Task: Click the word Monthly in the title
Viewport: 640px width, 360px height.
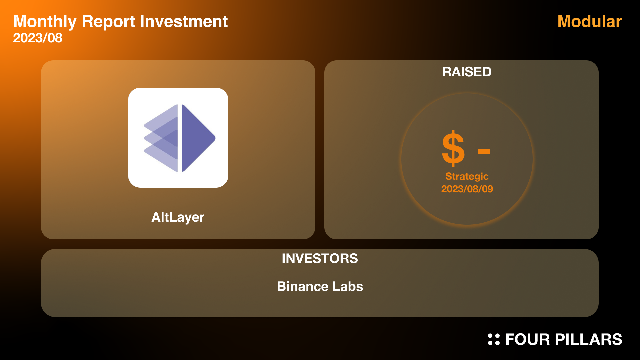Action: point(45,22)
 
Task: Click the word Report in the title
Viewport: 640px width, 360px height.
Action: point(108,22)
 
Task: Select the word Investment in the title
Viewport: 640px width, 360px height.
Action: point(184,21)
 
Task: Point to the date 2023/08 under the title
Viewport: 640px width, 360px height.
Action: point(38,38)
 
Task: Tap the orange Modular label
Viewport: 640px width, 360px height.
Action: point(589,21)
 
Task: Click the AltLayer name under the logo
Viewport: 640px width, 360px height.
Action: point(178,217)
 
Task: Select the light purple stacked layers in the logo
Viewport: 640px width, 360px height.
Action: point(161,138)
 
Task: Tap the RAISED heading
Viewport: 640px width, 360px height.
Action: point(467,72)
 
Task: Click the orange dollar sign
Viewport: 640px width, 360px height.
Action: point(453,148)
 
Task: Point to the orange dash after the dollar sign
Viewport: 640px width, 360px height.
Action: point(483,152)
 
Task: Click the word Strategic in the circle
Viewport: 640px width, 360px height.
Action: point(467,177)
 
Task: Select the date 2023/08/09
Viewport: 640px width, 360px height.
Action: point(467,189)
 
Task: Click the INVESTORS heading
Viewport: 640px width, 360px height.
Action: point(320,259)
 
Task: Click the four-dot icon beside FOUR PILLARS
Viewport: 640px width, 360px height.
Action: point(494,339)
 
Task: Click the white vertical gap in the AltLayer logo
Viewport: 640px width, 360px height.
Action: point(180,138)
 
